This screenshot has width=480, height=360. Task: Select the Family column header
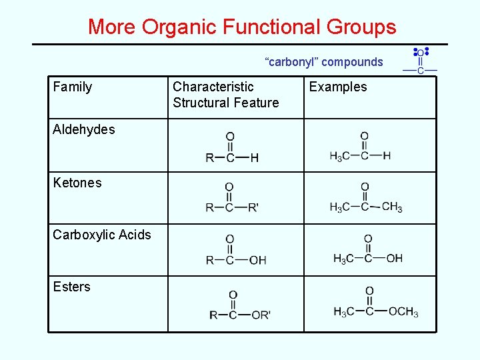pos(72,87)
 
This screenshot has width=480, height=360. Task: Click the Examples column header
pos(338,87)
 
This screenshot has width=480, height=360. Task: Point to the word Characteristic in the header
pos(213,87)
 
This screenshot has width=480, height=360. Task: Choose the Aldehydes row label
pos(84,129)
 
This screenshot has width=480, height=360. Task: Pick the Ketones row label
pos(77,183)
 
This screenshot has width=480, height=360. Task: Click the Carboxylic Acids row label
pos(102,235)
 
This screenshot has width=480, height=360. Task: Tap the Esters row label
pos(71,287)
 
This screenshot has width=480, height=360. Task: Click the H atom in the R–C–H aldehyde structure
pos(254,158)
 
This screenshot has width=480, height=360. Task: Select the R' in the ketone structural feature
pos(253,208)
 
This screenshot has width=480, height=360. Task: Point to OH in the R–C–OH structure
pos(257,260)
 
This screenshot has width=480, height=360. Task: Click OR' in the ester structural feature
pos(261,315)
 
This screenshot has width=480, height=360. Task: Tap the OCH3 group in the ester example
pos(403,311)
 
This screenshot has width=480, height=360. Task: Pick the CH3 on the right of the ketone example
pos(392,207)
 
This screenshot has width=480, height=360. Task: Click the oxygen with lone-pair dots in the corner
pos(421,53)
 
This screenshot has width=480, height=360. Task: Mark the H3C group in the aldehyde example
pos(339,156)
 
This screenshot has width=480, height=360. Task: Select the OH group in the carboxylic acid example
pos(394,258)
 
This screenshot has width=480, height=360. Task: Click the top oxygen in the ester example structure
pos(369,291)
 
